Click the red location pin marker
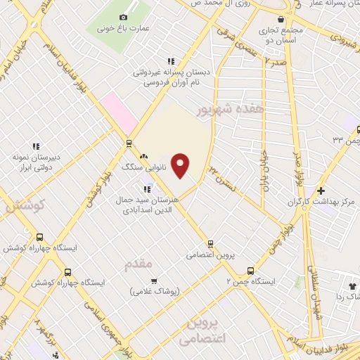click(181, 166)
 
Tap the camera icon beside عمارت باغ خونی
click(124, 17)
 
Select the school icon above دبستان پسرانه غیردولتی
click(168, 60)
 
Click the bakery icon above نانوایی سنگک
click(143, 156)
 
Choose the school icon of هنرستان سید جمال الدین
click(147, 188)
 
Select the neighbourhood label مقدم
click(138, 264)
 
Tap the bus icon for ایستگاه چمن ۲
click(250, 270)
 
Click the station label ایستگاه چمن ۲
click(251, 281)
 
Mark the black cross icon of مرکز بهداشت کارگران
click(321, 191)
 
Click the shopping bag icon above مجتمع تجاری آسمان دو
click(281, 19)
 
